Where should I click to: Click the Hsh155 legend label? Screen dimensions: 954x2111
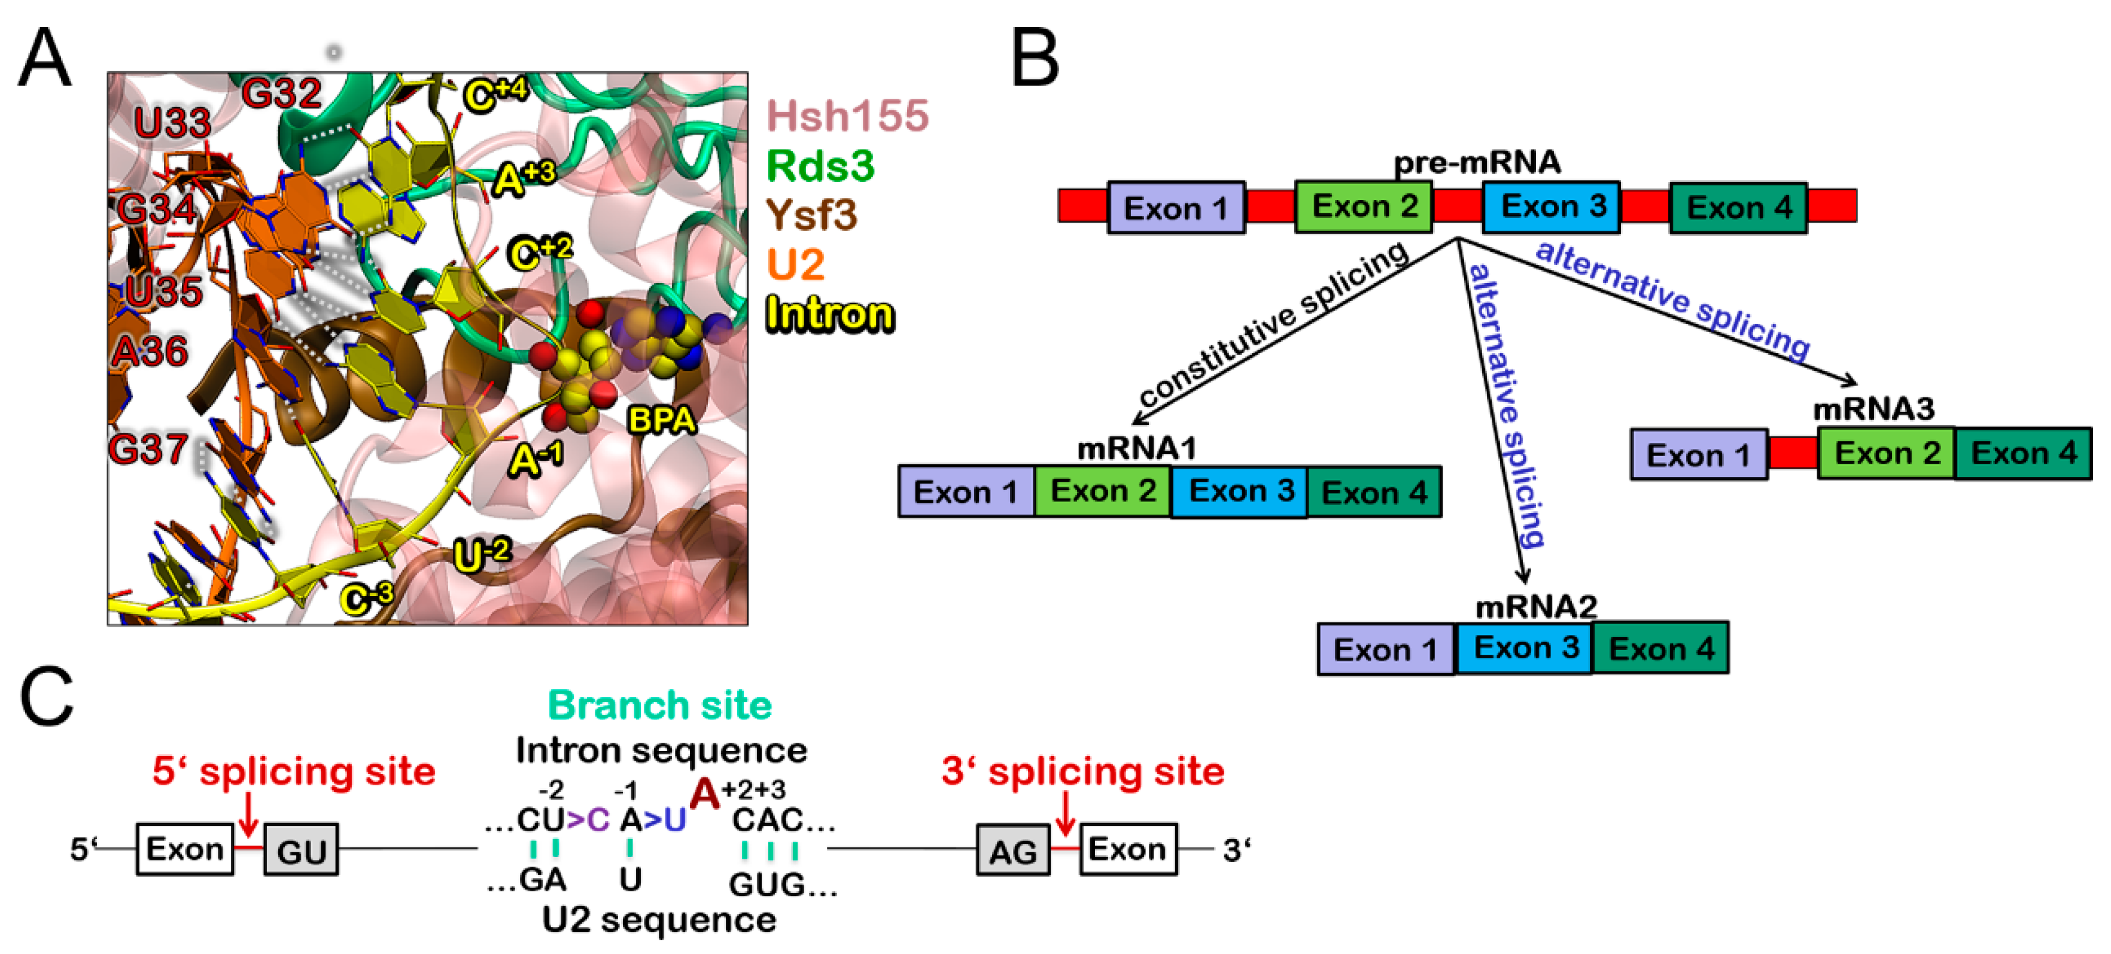click(847, 116)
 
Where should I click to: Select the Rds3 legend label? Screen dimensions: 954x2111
click(820, 166)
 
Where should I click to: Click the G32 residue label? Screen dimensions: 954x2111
click(281, 93)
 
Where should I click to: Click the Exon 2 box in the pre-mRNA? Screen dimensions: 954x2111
click(1364, 206)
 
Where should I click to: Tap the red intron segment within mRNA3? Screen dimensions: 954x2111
click(1792, 453)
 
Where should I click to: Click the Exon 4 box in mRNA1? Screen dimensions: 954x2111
click(1374, 492)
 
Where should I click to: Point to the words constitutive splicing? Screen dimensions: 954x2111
click(1272, 328)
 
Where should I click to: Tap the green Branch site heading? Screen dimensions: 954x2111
click(659, 705)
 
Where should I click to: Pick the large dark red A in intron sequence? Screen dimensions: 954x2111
click(704, 794)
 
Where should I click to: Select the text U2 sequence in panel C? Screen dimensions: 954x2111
click(659, 919)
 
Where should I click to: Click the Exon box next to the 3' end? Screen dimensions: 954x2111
click(1128, 849)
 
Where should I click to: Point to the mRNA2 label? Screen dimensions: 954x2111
click(1536, 606)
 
